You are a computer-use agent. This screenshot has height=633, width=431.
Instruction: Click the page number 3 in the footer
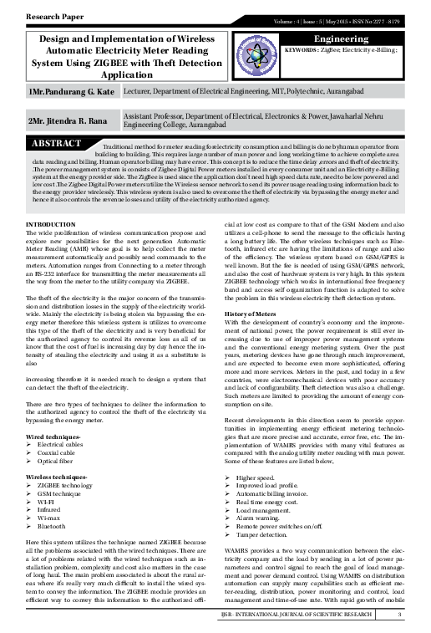tap(400, 616)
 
